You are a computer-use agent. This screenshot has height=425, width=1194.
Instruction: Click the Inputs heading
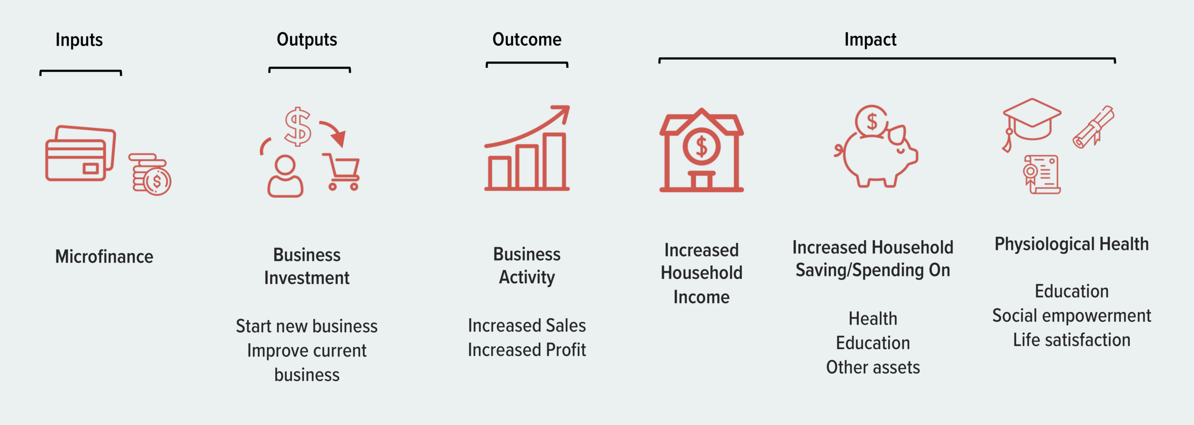click(79, 40)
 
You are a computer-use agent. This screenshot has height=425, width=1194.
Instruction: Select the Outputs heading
click(306, 40)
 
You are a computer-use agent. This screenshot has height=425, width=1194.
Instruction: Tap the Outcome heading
click(527, 40)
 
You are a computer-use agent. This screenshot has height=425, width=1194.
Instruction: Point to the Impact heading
click(870, 40)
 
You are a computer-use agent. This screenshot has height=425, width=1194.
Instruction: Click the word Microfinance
click(104, 257)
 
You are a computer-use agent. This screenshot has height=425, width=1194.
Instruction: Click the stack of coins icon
click(150, 174)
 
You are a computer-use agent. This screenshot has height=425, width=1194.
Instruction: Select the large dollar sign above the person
click(298, 126)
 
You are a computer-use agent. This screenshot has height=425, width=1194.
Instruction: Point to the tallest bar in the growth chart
click(555, 161)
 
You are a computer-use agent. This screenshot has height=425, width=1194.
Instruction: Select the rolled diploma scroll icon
click(1094, 127)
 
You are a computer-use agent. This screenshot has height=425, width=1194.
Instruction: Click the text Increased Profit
click(527, 350)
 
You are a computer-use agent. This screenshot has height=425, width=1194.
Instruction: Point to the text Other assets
click(873, 368)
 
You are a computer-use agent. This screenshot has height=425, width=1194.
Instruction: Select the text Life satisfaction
click(1071, 340)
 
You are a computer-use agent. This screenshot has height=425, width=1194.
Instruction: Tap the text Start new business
click(306, 326)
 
